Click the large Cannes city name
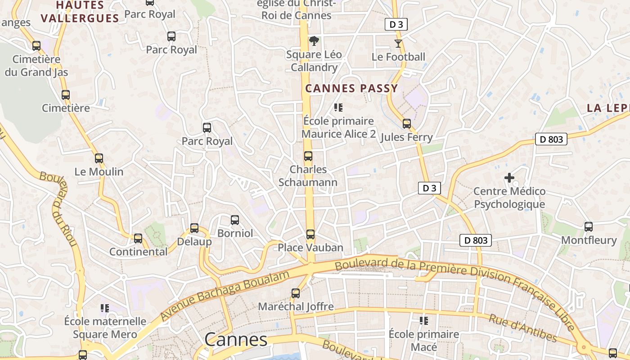click(x=236, y=339)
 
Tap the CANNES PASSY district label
click(x=352, y=88)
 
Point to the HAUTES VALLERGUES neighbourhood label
click(x=80, y=12)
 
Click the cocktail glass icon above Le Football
click(x=398, y=44)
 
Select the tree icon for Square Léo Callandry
click(x=314, y=41)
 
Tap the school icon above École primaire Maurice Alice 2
click(x=338, y=108)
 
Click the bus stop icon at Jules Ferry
click(x=407, y=124)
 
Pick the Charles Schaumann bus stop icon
click(x=308, y=156)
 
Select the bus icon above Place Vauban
click(x=310, y=234)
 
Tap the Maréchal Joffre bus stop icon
click(x=296, y=293)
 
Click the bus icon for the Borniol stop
click(x=235, y=220)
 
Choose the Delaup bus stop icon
click(x=194, y=228)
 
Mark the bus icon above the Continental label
click(x=138, y=238)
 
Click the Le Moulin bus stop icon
click(x=99, y=158)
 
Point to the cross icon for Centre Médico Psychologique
click(x=509, y=178)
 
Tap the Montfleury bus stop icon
click(x=589, y=227)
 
